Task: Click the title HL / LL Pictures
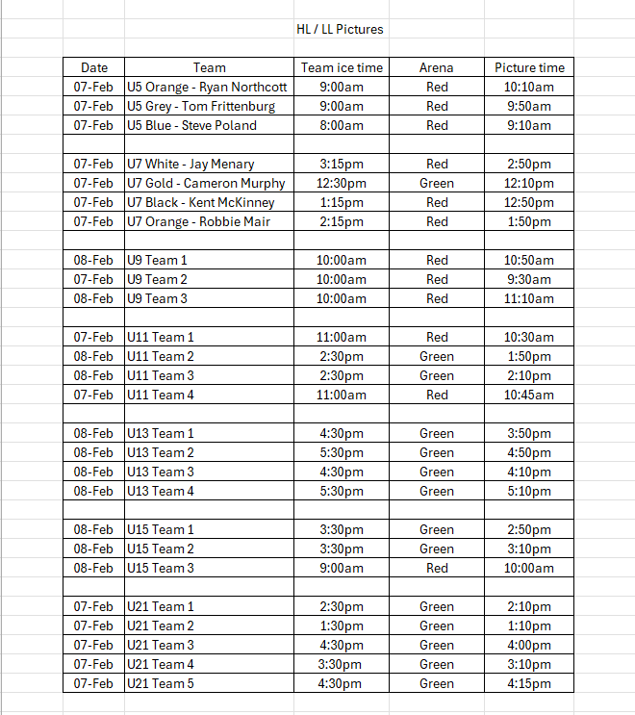point(340,29)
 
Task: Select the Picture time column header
point(529,67)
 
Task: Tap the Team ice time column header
point(342,67)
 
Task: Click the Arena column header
point(437,67)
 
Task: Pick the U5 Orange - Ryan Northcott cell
point(207,87)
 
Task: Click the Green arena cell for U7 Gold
point(437,183)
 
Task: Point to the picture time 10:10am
point(529,87)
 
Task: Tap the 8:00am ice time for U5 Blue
point(342,125)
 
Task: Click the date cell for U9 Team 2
point(94,279)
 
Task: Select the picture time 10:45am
point(529,395)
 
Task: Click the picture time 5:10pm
point(529,491)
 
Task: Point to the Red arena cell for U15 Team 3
point(437,568)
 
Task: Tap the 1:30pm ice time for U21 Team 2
point(342,626)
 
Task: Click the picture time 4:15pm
point(529,683)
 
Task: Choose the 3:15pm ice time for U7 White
point(342,164)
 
